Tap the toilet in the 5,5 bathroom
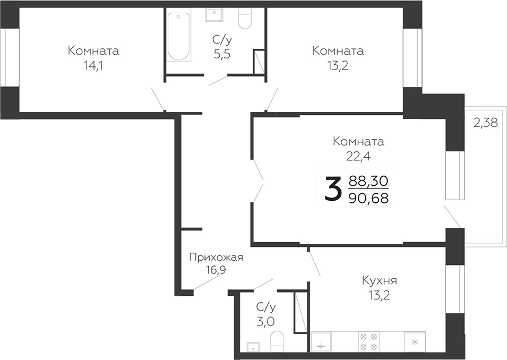click(245, 18)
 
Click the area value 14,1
click(93, 65)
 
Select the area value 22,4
click(358, 156)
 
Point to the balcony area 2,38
click(485, 123)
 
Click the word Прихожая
click(216, 258)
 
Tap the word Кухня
click(380, 281)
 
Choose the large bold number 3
click(332, 190)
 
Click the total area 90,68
click(368, 198)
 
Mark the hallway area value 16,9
click(216, 270)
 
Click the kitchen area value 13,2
click(380, 295)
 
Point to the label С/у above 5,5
click(221, 40)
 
